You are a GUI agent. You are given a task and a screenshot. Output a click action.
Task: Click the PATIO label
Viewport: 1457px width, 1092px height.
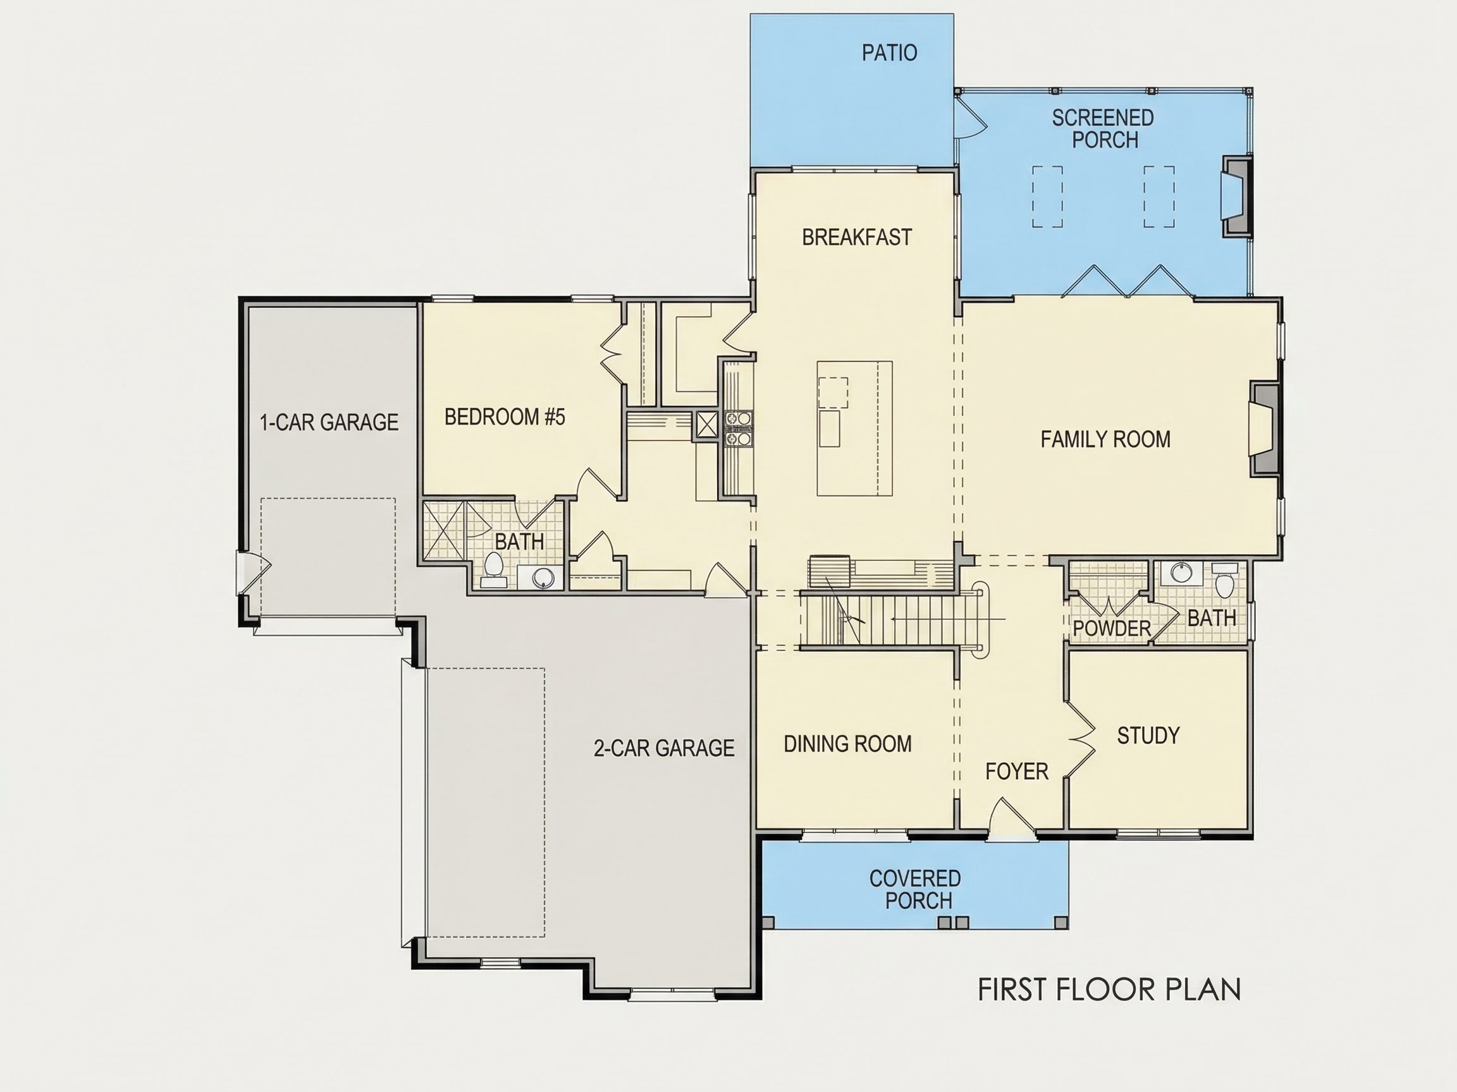(889, 52)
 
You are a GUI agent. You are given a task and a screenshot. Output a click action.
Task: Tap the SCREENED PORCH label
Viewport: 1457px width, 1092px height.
(1104, 129)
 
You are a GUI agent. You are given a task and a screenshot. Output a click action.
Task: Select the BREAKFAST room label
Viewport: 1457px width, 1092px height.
(857, 237)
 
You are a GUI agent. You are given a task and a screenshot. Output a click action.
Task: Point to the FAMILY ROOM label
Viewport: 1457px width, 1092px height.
(1105, 439)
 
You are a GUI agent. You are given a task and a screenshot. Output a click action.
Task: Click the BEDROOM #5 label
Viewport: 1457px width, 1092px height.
(505, 416)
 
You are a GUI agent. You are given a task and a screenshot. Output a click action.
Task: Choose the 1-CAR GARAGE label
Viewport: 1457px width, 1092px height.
(329, 422)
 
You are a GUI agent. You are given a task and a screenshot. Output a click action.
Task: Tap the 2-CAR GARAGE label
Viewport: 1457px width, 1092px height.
(664, 748)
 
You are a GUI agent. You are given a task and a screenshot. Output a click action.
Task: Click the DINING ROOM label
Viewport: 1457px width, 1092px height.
(848, 744)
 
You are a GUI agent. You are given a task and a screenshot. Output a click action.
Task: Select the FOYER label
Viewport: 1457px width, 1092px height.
(1016, 771)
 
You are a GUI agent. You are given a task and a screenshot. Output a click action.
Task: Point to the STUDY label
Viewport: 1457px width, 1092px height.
(1148, 735)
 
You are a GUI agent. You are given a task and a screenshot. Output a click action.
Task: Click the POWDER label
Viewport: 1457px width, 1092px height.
(1112, 629)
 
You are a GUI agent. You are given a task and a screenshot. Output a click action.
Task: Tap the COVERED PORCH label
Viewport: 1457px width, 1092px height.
(916, 889)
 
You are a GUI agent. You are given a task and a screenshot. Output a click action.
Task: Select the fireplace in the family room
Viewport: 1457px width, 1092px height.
(1264, 428)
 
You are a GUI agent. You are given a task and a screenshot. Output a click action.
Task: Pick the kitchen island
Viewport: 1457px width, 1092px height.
(854, 428)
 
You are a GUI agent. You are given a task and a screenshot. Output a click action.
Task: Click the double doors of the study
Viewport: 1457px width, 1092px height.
(1080, 741)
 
